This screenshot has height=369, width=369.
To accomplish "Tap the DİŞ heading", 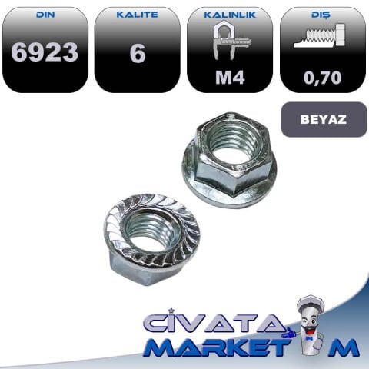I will tap(323, 14).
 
